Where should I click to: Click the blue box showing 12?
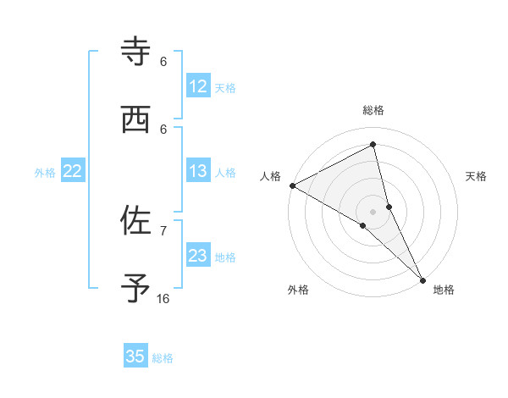click(198, 86)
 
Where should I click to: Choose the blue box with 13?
click(198, 171)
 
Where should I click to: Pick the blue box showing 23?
click(198, 256)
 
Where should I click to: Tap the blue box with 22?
click(73, 171)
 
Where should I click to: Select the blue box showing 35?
click(135, 357)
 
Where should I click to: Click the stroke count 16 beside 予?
click(163, 299)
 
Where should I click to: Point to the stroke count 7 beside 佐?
click(163, 230)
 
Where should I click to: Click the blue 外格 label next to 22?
click(45, 172)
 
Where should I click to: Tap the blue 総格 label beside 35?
click(163, 357)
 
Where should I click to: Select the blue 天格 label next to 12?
click(225, 87)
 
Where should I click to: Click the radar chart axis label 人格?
click(270, 176)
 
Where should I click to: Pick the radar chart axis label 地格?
click(444, 290)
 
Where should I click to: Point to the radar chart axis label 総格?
click(373, 110)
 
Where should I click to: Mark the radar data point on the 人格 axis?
click(292, 185)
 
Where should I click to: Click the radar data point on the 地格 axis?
click(422, 279)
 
